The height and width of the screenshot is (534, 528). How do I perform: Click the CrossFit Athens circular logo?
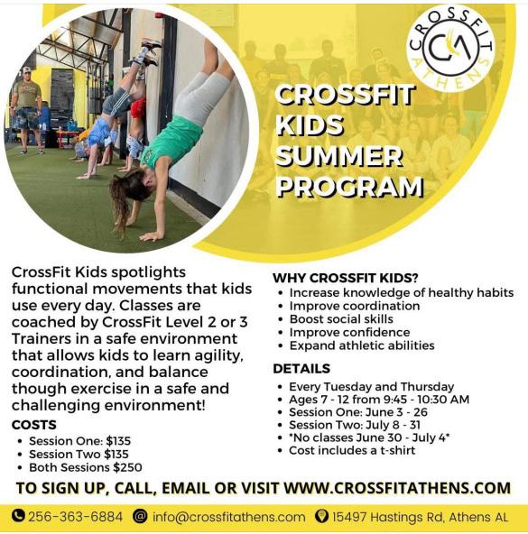[x=450, y=49]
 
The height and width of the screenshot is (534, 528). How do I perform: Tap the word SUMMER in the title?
[x=339, y=156]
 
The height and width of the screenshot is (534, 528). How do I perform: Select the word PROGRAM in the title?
[x=349, y=187]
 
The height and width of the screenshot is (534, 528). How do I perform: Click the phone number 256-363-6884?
[x=75, y=516]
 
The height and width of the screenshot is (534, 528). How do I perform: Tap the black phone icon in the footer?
[x=18, y=516]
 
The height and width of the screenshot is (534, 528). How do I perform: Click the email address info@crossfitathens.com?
[x=228, y=517]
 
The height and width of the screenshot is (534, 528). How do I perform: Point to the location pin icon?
[x=320, y=516]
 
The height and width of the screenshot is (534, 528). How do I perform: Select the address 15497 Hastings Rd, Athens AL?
[x=420, y=517]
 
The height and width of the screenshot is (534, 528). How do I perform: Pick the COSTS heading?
[x=34, y=425]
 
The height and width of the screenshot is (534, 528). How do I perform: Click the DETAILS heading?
[x=301, y=369]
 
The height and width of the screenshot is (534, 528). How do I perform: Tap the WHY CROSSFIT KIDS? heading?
[x=346, y=278]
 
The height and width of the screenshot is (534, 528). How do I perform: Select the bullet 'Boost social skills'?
[x=341, y=319]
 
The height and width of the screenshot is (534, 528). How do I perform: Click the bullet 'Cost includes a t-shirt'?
[x=352, y=450]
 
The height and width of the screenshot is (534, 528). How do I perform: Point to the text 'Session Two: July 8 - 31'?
[x=355, y=425]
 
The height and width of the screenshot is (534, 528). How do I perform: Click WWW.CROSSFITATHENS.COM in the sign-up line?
[x=397, y=488]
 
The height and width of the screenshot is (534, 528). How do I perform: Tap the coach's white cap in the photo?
[x=26, y=70]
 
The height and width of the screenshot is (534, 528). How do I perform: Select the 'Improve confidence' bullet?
[x=349, y=332]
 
